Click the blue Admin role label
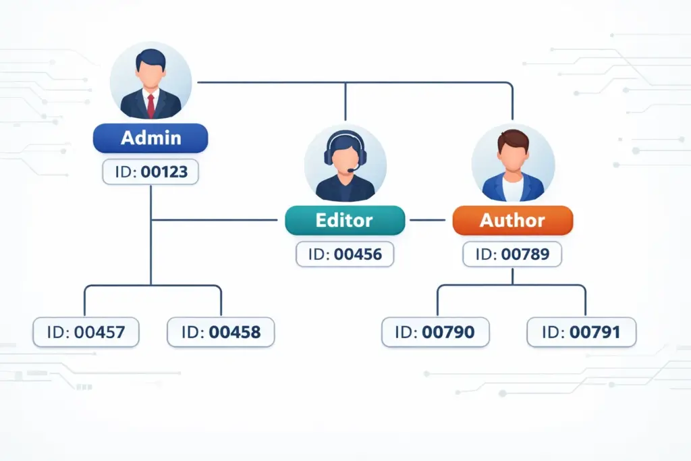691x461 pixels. click(150, 138)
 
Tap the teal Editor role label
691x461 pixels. click(345, 220)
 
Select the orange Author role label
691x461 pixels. click(513, 220)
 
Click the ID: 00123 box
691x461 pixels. click(150, 171)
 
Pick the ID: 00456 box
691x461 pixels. click(345, 254)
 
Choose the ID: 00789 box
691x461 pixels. click(512, 254)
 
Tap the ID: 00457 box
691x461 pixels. click(86, 332)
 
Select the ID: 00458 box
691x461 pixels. click(221, 332)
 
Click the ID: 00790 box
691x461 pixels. click(435, 332)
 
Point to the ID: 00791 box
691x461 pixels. click(581, 332)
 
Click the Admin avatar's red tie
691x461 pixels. click(150, 106)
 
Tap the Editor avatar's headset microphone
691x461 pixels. click(352, 169)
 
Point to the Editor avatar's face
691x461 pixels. click(345, 159)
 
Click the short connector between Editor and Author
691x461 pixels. click(427, 220)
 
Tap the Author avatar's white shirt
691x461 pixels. click(513, 190)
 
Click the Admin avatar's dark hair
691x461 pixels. click(150, 58)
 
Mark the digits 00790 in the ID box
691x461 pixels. click(448, 332)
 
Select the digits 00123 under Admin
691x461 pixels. click(164, 171)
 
